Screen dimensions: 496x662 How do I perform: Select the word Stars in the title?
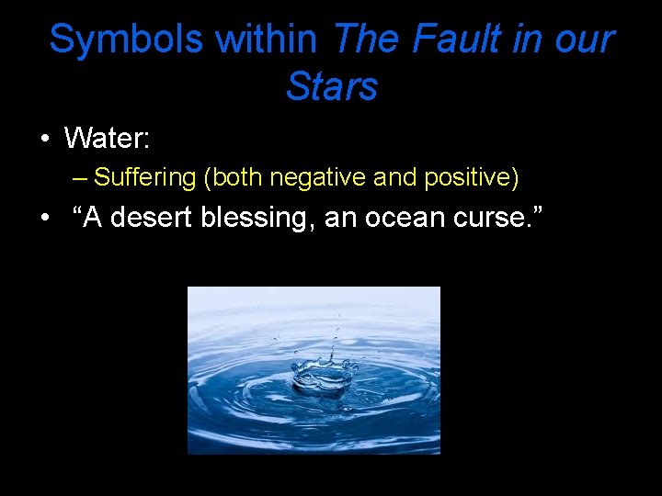pyautogui.click(x=332, y=87)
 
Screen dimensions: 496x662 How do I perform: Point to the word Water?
pyautogui.click(x=107, y=139)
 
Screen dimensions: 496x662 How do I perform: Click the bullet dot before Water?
pyautogui.click(x=44, y=141)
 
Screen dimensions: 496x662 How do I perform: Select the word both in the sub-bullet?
pyautogui.click(x=238, y=177)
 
